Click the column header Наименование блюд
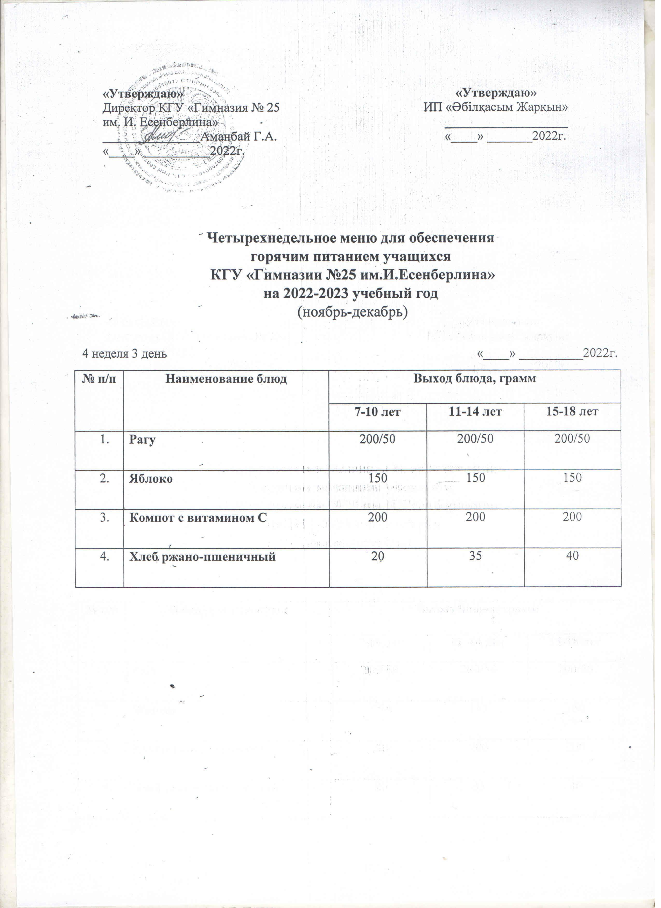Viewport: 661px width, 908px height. (x=226, y=379)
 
